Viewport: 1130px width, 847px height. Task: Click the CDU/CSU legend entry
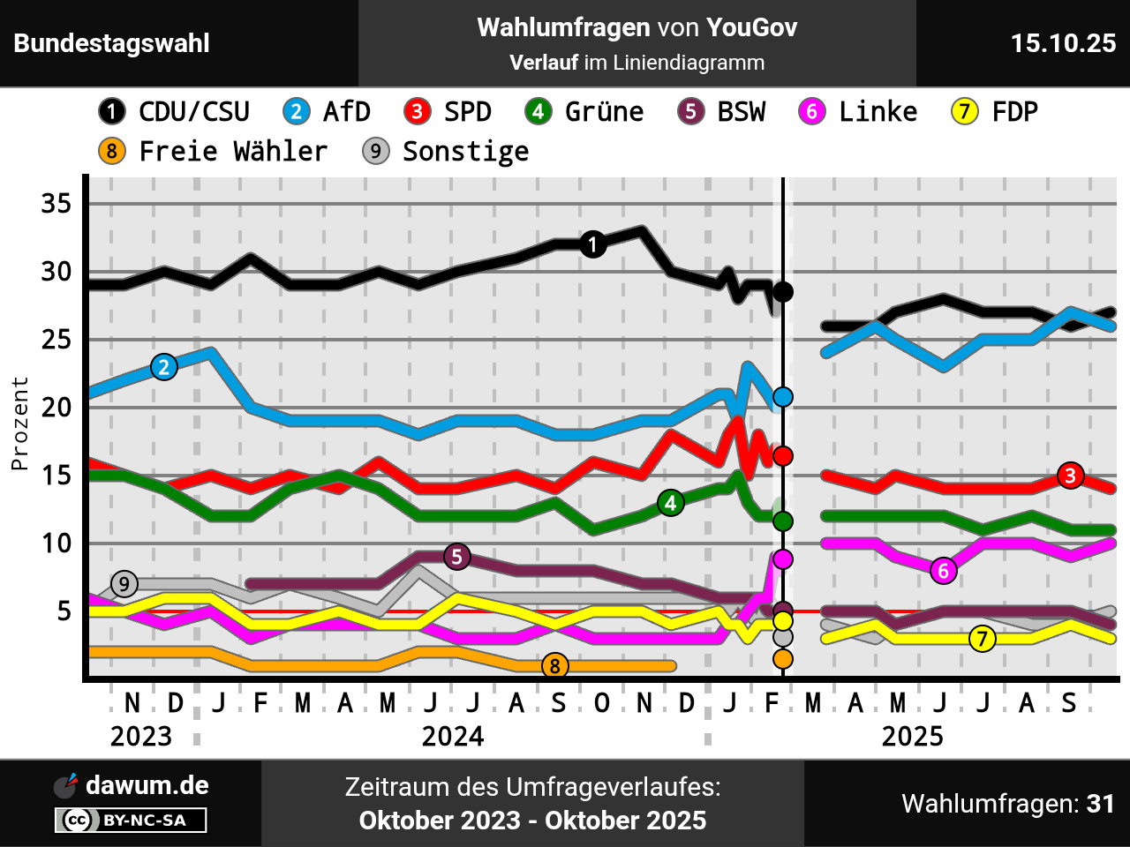click(174, 112)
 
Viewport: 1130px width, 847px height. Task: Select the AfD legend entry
click(327, 112)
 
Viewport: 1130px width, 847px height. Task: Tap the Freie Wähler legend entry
click(213, 152)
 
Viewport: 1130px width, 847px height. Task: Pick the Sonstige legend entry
click(446, 152)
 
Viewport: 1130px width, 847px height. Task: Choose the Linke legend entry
click(858, 112)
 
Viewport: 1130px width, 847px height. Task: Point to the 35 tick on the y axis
click(56, 204)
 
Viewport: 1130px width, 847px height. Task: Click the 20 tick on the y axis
click(56, 408)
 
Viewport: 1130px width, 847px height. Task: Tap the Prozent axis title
click(20, 423)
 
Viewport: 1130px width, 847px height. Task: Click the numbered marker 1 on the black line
click(593, 244)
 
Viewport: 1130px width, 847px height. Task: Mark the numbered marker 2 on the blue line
click(164, 367)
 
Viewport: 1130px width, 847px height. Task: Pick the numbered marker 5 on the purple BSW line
click(456, 557)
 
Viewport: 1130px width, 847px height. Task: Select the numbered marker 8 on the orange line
click(554, 666)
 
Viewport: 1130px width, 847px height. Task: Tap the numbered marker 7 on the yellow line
click(982, 639)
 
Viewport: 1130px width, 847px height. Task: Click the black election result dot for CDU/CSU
click(783, 292)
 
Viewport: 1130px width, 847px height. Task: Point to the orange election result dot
click(783, 659)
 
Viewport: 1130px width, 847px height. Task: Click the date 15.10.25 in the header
click(1063, 43)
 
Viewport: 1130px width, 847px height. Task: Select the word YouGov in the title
click(751, 28)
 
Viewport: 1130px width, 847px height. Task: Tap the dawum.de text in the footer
click(147, 785)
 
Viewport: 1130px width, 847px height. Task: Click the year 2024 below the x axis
click(453, 736)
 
